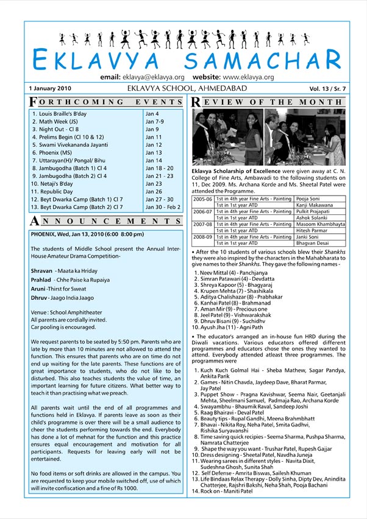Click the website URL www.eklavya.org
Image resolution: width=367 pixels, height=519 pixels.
(x=248, y=77)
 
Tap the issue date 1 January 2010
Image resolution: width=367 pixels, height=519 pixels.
(x=50, y=88)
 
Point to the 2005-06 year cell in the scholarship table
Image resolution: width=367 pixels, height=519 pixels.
(x=202, y=199)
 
